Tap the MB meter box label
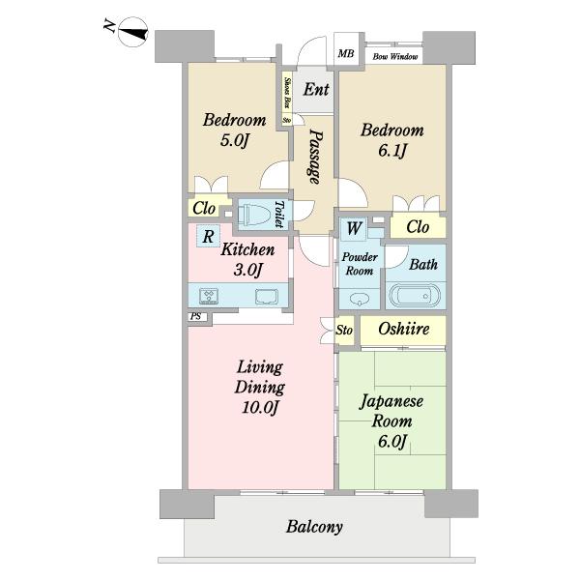345,54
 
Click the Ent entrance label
316,90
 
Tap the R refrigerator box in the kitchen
208,236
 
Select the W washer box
354,229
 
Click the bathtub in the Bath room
415,295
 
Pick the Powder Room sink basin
360,297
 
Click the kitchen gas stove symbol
211,296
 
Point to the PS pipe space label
196,316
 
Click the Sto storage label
345,331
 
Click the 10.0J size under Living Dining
259,407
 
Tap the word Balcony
314,528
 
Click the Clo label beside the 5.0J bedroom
204,208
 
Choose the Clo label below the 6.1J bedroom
418,228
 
